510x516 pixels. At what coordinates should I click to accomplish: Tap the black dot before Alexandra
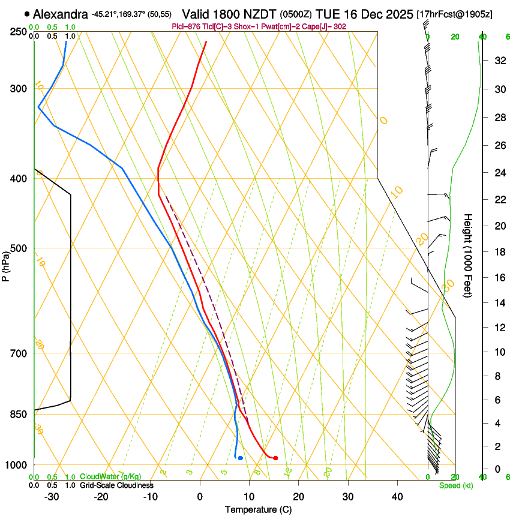27,13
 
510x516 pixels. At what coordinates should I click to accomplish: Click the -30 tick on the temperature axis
52,496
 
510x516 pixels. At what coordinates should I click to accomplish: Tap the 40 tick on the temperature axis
397,496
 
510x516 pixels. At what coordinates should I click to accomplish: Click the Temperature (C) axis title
257,509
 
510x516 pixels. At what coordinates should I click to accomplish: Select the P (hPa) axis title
6,263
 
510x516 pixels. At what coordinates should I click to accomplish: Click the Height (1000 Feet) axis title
468,255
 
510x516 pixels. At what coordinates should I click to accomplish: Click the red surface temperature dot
275,458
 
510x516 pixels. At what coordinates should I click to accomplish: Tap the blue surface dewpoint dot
240,458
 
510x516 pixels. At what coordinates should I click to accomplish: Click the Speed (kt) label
455,485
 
